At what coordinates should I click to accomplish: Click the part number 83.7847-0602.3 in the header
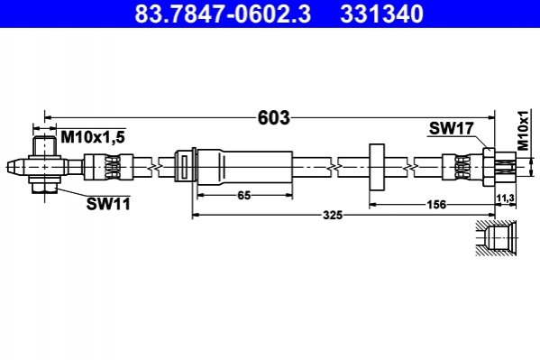pos(223,14)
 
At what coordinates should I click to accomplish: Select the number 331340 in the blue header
pos(381,14)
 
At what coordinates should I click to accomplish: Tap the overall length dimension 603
pos(274,117)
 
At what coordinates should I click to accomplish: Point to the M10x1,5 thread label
pos(93,137)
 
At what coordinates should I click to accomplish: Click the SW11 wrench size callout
pos(108,204)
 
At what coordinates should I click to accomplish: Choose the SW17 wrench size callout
pos(451,129)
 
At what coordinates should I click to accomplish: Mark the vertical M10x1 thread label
pos(524,130)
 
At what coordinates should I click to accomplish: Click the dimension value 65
pos(244,196)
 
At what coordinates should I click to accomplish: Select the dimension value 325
pos(333,216)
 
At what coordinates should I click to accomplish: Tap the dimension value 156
pos(436,205)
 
